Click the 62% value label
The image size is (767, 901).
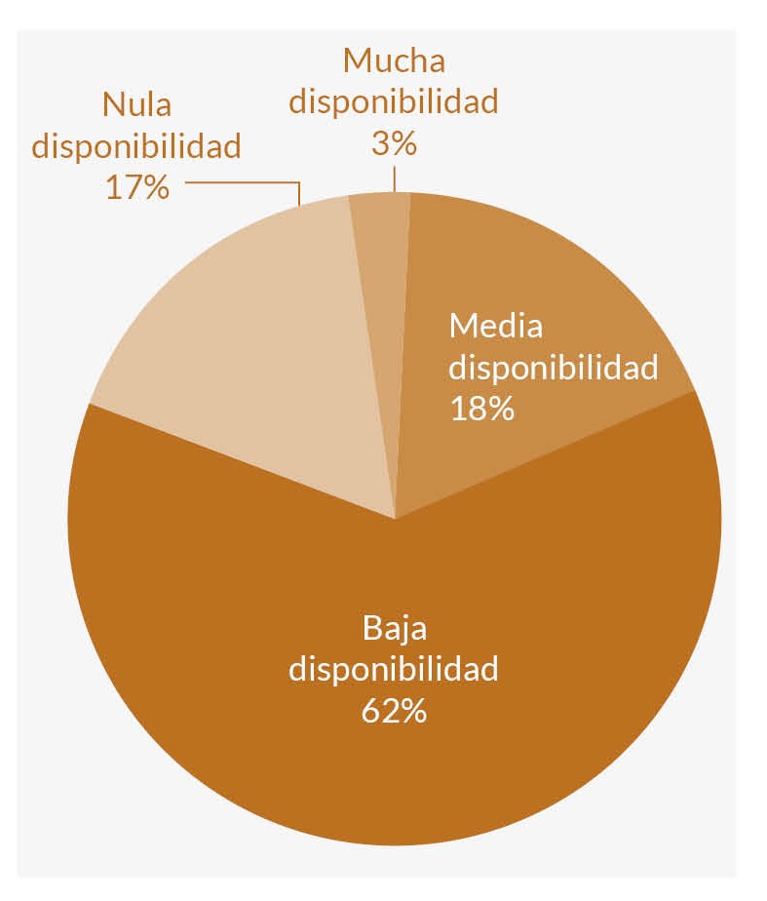(394, 711)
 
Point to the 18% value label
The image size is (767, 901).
(481, 408)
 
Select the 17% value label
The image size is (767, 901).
(137, 186)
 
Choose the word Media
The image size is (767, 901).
(495, 326)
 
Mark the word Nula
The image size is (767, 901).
(137, 104)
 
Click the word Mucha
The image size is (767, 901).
(394, 60)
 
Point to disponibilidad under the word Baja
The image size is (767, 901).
(394, 670)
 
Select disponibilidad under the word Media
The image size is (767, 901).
(554, 368)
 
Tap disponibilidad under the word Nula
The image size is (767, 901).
(137, 145)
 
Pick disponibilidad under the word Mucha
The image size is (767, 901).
(394, 101)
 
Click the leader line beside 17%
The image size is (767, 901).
(244, 182)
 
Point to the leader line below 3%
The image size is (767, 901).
(394, 179)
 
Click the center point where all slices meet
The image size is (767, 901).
(395, 519)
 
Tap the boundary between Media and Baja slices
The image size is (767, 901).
(546, 455)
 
